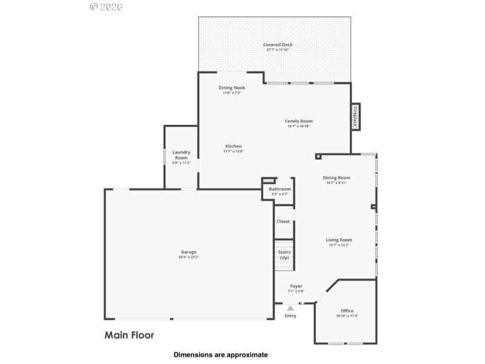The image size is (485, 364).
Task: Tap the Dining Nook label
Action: [232, 88]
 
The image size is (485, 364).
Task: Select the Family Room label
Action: [298, 121]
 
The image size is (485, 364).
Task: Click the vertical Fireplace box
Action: [355, 116]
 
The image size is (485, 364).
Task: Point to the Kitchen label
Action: [233, 146]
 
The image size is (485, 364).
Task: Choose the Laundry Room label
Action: [181, 155]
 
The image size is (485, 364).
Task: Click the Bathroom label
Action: [279, 189]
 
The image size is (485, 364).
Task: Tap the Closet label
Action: [283, 221]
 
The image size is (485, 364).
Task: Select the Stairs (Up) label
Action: [284, 254]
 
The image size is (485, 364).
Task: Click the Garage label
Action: [189, 252]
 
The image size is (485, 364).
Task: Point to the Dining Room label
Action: [336, 178]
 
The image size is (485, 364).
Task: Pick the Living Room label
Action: [339, 240]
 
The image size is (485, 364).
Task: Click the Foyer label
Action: [296, 286]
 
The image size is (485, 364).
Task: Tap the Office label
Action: [347, 311]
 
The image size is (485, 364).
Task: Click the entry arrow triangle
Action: [290, 308]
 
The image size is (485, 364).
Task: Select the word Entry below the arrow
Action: [290, 315]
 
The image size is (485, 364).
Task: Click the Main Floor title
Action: [129, 334]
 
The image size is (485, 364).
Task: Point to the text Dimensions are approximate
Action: [221, 354]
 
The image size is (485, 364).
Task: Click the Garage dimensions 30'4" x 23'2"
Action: [189, 257]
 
